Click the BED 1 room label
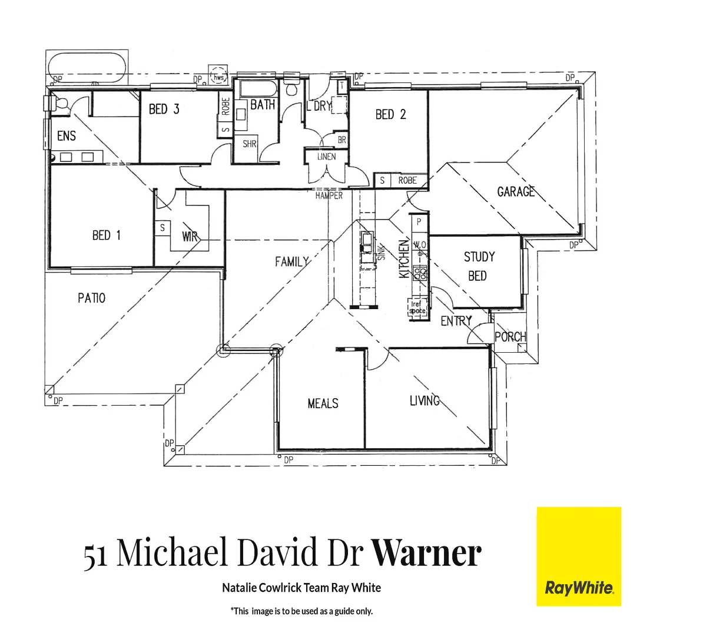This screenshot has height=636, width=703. (107, 236)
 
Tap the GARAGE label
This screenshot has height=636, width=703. (516, 191)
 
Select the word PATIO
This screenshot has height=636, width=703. (91, 298)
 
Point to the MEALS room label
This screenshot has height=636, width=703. (323, 403)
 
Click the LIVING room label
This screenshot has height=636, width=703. (425, 400)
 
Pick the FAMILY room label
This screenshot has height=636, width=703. (292, 261)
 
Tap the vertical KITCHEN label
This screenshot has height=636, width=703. (404, 259)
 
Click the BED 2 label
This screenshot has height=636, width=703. (390, 114)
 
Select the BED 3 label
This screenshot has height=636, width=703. (164, 109)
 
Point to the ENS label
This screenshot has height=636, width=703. (67, 136)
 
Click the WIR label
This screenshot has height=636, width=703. (190, 237)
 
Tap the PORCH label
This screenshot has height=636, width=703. (510, 336)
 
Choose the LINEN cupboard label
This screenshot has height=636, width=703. (326, 157)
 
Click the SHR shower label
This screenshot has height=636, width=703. (250, 143)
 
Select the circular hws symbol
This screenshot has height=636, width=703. (219, 77)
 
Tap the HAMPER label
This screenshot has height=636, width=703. (329, 196)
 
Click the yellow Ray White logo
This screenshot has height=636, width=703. (578, 556)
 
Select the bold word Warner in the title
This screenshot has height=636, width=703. (426, 554)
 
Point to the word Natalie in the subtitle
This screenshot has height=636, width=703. (239, 588)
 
